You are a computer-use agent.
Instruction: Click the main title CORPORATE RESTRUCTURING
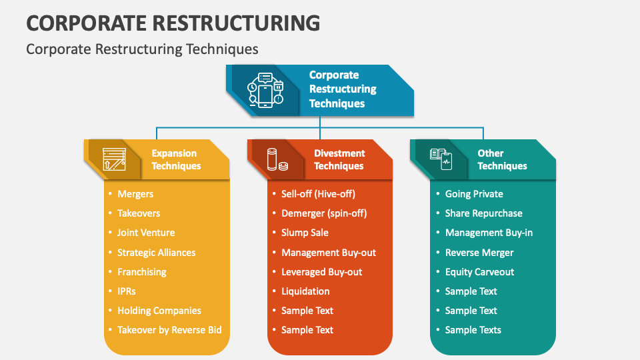click(x=173, y=23)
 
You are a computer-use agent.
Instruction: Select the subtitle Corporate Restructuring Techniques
click(x=142, y=49)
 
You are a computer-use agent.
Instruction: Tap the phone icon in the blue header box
click(x=265, y=91)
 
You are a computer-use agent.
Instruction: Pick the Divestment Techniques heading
click(x=339, y=159)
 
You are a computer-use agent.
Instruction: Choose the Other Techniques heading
click(x=502, y=159)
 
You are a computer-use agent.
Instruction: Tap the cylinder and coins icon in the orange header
click(x=277, y=160)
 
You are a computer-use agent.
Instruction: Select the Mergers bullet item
click(x=135, y=194)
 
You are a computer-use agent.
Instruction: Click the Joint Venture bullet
click(x=146, y=233)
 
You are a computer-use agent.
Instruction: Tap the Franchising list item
click(x=142, y=272)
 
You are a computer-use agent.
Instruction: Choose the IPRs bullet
click(x=127, y=291)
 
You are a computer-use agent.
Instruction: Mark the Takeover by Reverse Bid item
click(x=169, y=330)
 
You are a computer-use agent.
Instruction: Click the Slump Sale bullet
click(x=305, y=233)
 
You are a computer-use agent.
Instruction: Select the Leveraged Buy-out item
click(x=321, y=272)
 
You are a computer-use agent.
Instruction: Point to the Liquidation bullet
click(x=305, y=291)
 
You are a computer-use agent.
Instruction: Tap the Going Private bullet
click(x=474, y=194)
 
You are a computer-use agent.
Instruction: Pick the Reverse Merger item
click(x=479, y=253)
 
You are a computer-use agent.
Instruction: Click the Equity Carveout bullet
click(x=479, y=272)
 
